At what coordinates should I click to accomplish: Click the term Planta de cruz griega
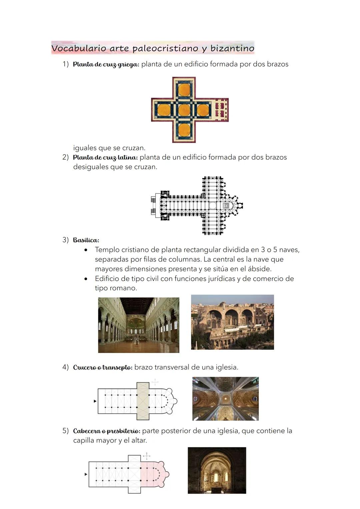pos(106,64)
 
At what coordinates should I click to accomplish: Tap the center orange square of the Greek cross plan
pos(184,110)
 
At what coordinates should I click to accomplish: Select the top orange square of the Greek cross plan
pos(184,90)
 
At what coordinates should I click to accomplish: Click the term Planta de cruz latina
pos(105,157)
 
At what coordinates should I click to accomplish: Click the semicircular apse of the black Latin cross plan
pos(237,205)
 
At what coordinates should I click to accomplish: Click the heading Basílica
pos(86,240)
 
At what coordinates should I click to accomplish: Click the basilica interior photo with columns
pos(139,325)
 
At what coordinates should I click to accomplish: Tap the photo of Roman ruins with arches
pos(232,322)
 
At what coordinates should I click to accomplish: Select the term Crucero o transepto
pos(103,367)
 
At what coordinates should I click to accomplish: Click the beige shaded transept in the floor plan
pos(143,401)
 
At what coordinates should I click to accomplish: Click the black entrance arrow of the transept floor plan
pos(95,401)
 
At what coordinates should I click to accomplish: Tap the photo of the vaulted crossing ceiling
pos(225,399)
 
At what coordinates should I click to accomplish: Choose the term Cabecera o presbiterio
pos(107,431)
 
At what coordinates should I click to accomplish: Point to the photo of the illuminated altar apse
pos(217,470)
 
